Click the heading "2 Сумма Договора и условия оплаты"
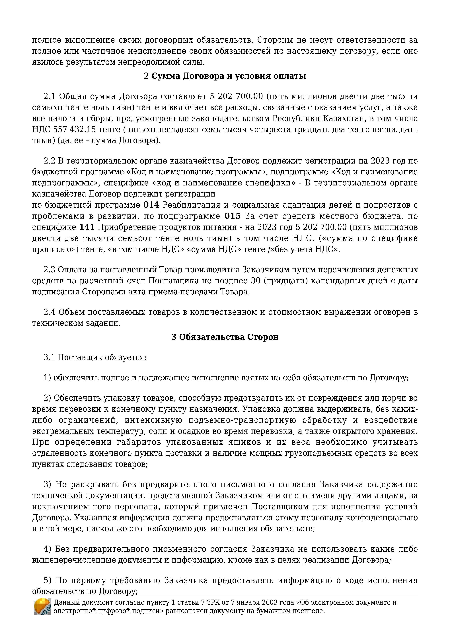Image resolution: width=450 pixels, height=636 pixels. point(225,76)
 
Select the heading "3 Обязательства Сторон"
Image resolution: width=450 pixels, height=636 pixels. point(225,337)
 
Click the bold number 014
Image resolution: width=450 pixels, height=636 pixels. point(151,205)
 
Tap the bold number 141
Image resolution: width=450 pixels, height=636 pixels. point(87,227)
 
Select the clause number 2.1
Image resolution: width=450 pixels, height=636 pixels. point(50,96)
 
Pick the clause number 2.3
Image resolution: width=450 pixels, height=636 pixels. point(50,270)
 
